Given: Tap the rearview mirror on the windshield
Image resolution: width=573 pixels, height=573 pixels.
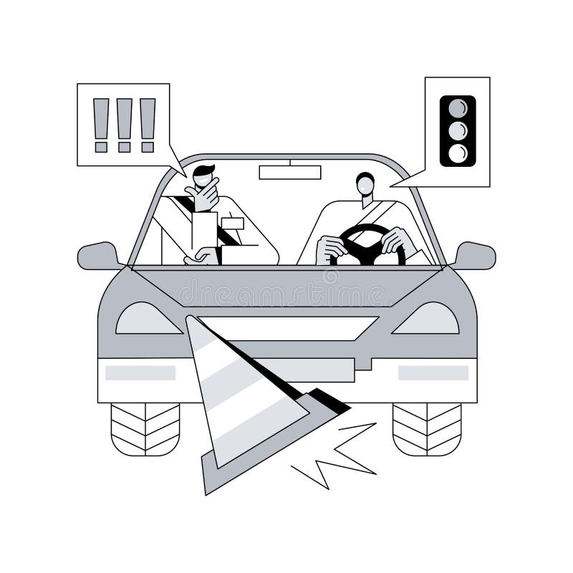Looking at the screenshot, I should (290, 172).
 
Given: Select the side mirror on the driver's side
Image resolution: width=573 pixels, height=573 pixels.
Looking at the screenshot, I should (473, 256).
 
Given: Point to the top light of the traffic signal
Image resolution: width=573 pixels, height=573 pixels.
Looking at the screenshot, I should (458, 108).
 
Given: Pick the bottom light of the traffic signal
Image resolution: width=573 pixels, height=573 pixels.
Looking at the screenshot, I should (458, 153).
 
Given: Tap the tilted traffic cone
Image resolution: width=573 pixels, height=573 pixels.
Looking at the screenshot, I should (244, 401).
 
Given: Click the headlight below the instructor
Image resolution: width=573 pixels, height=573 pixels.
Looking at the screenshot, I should (148, 319).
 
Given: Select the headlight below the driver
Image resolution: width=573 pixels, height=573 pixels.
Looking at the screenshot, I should (427, 319).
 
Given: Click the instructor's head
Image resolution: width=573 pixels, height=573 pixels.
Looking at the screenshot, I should (204, 179).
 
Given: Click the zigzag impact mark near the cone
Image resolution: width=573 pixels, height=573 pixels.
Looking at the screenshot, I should (337, 455).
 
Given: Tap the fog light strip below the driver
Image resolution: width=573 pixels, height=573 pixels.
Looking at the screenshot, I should (433, 372).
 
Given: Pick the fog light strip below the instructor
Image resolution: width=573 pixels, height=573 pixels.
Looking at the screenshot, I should (140, 372).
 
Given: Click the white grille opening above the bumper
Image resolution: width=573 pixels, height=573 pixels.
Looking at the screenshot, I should (301, 328).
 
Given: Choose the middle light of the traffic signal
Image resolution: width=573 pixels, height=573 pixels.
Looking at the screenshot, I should (458, 130).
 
